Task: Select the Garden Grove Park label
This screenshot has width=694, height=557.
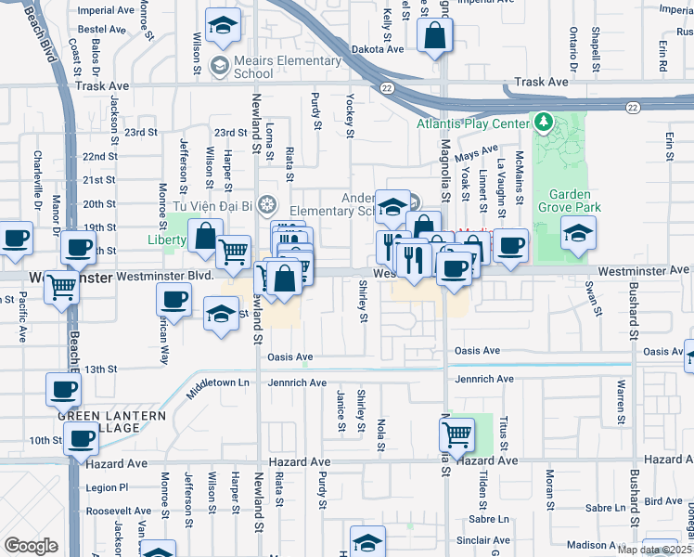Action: coord(575,201)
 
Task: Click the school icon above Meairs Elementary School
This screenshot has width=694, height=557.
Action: coord(222,29)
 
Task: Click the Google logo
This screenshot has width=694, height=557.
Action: coord(31,545)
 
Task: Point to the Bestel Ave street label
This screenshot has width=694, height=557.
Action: coord(102,30)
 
